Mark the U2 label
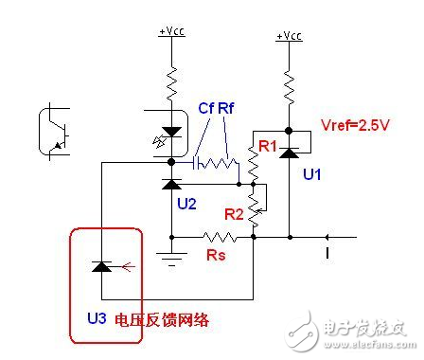(x=185, y=204)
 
